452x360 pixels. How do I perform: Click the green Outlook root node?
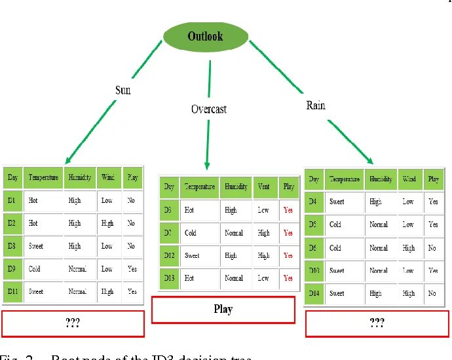[x=205, y=37]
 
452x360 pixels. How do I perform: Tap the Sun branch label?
[x=123, y=90]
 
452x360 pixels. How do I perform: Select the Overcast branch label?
[x=209, y=109]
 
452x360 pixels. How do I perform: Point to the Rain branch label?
[x=316, y=105]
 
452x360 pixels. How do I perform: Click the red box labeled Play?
[x=223, y=310]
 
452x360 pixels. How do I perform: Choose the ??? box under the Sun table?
[x=73, y=323]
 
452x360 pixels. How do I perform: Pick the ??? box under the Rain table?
[x=377, y=323]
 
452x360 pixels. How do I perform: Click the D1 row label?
[x=12, y=200]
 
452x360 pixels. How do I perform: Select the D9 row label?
[x=12, y=268]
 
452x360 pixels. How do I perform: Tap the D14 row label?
[x=314, y=293]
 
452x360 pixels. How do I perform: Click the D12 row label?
[x=170, y=255]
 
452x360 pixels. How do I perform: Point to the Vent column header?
[x=263, y=187]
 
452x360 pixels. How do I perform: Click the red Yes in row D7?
[x=288, y=233]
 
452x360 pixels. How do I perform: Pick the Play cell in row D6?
[x=432, y=248]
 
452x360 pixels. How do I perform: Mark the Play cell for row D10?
[x=433, y=270]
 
